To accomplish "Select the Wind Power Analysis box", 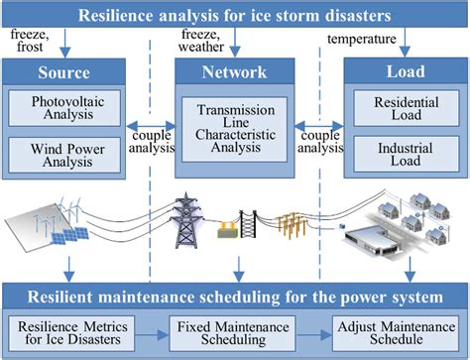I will click(64, 154).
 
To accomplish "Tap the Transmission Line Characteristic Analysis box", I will click(235, 130).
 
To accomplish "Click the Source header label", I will click(64, 71).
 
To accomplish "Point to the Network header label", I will click(235, 71).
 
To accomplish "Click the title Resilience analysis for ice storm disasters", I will click(235, 14).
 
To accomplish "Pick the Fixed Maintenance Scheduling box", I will click(235, 332).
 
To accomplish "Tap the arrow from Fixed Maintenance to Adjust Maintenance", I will click(318, 332).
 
